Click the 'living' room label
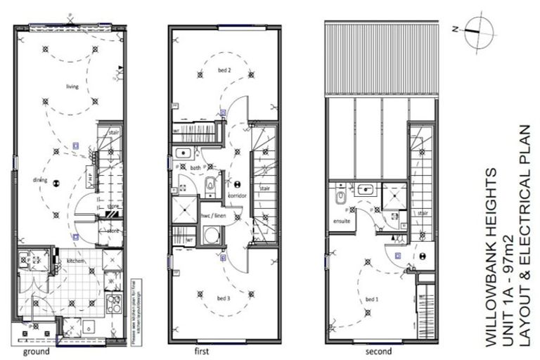coord(72,86)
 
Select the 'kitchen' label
coord(76,262)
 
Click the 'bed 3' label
coord(224,299)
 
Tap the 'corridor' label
coord(236,194)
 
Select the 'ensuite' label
coord(342,220)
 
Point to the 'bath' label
coord(195,168)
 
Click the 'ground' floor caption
coord(37,350)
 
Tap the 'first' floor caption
coord(202,350)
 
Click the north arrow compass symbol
coord(475,30)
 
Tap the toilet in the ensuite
coord(340,194)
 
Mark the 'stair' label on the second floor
coord(423,212)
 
